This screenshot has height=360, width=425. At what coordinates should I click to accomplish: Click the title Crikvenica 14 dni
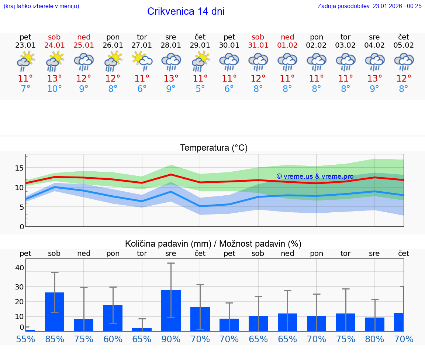(x=186, y=11)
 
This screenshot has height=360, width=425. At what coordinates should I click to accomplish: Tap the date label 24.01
(x=55, y=45)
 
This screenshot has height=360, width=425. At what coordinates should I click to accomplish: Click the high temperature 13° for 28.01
(x=171, y=79)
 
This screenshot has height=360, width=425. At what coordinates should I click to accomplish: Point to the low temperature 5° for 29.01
(x=200, y=89)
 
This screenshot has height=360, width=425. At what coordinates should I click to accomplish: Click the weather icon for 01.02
(x=287, y=62)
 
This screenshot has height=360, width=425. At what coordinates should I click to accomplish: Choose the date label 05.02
(x=404, y=45)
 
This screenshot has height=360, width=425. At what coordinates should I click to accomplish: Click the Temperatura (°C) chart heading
(x=214, y=148)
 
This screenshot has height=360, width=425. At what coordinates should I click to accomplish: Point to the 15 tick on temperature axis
(x=19, y=168)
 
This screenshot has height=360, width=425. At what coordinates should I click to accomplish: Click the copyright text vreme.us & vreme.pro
(x=315, y=176)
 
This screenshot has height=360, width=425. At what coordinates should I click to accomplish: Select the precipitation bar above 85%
(x=55, y=312)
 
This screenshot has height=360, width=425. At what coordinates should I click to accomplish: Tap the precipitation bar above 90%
(x=171, y=311)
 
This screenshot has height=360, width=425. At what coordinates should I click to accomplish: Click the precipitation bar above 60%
(x=113, y=318)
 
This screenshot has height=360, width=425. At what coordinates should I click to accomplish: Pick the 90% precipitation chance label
(x=171, y=339)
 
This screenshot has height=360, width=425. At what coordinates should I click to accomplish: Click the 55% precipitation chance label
(x=25, y=339)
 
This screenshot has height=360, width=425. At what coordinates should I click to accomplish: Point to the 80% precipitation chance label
(x=374, y=339)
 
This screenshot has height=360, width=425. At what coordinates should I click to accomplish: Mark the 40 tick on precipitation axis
(x=19, y=268)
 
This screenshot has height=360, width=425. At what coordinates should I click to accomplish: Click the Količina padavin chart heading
(x=213, y=244)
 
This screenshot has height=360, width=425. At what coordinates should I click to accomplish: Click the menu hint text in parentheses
(x=41, y=6)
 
